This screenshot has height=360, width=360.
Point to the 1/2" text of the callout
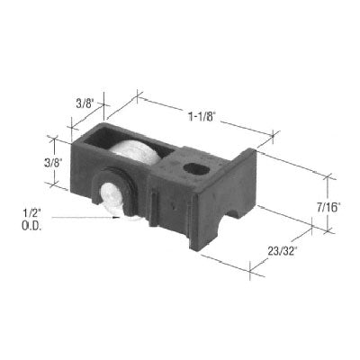[x=28, y=211]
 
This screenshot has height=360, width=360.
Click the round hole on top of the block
[x=193, y=166]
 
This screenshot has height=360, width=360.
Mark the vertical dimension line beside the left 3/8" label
[x=55, y=162]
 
